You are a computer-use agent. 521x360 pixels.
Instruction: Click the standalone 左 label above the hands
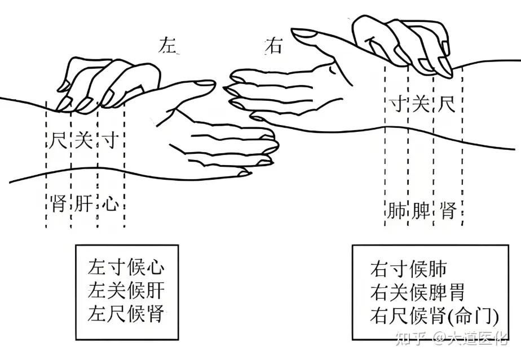pos(169,45)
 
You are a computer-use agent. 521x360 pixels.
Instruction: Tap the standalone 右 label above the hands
pos(273,45)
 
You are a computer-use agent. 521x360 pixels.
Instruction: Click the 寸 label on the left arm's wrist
pos(111,140)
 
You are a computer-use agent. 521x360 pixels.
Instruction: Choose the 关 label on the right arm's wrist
pos(421,105)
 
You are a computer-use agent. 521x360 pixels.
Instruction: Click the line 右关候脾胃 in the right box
pos(418,292)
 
